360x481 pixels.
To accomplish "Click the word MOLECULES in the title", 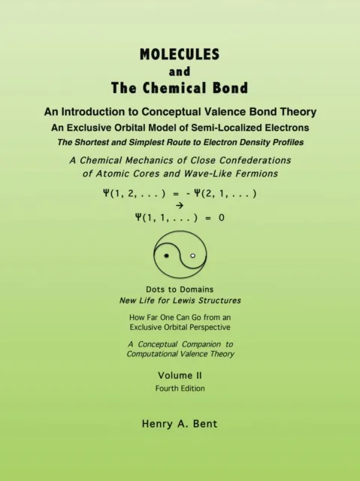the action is pyautogui.click(x=180, y=54).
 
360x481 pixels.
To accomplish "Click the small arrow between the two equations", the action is pyautogui.click(x=179, y=205).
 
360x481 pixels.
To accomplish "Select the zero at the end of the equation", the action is pyautogui.click(x=221, y=219).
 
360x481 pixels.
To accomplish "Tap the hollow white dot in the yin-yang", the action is pyautogui.click(x=193, y=256).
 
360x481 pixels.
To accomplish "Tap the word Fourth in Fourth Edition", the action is pyautogui.click(x=168, y=388).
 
